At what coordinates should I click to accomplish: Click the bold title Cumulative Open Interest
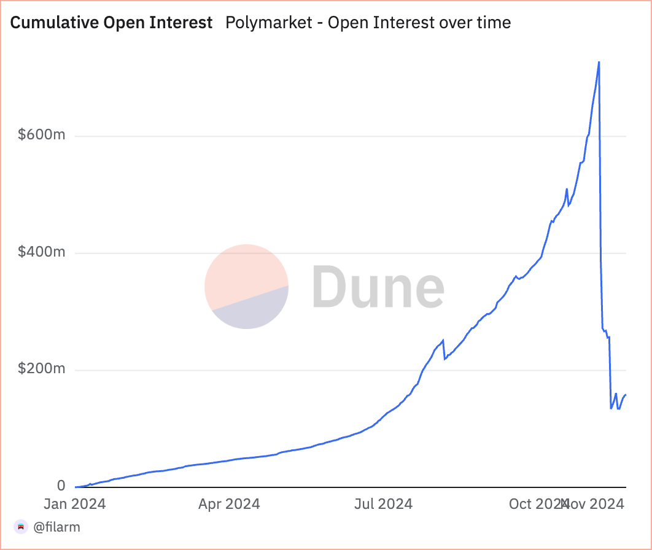point(112,23)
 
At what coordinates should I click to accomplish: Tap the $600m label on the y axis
point(41,135)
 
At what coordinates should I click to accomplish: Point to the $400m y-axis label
point(41,252)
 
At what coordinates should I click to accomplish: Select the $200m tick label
point(41,370)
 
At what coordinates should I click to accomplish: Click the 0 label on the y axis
point(61,486)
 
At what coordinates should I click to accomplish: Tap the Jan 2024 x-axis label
point(75,505)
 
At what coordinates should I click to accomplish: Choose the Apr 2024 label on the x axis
point(229,505)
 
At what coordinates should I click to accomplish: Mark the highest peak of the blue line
point(599,62)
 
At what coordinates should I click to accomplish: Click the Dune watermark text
point(378,287)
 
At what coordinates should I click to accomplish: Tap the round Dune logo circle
point(246,287)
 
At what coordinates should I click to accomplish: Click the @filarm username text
point(56,527)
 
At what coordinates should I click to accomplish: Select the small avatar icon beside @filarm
point(21,527)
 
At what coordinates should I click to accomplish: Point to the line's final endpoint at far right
point(625,395)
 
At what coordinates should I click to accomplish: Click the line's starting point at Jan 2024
point(75,487)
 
